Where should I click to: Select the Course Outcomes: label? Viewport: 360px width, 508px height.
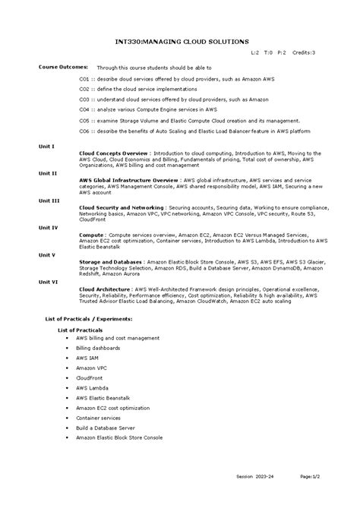pos(64,67)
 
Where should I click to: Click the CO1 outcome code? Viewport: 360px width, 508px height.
pos(85,78)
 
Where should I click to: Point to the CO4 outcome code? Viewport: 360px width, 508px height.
pos(85,109)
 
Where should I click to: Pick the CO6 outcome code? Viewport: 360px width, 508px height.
pos(85,131)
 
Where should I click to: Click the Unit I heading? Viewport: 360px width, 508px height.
pos(47,146)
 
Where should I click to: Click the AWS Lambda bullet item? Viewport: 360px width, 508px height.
pos(93,387)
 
